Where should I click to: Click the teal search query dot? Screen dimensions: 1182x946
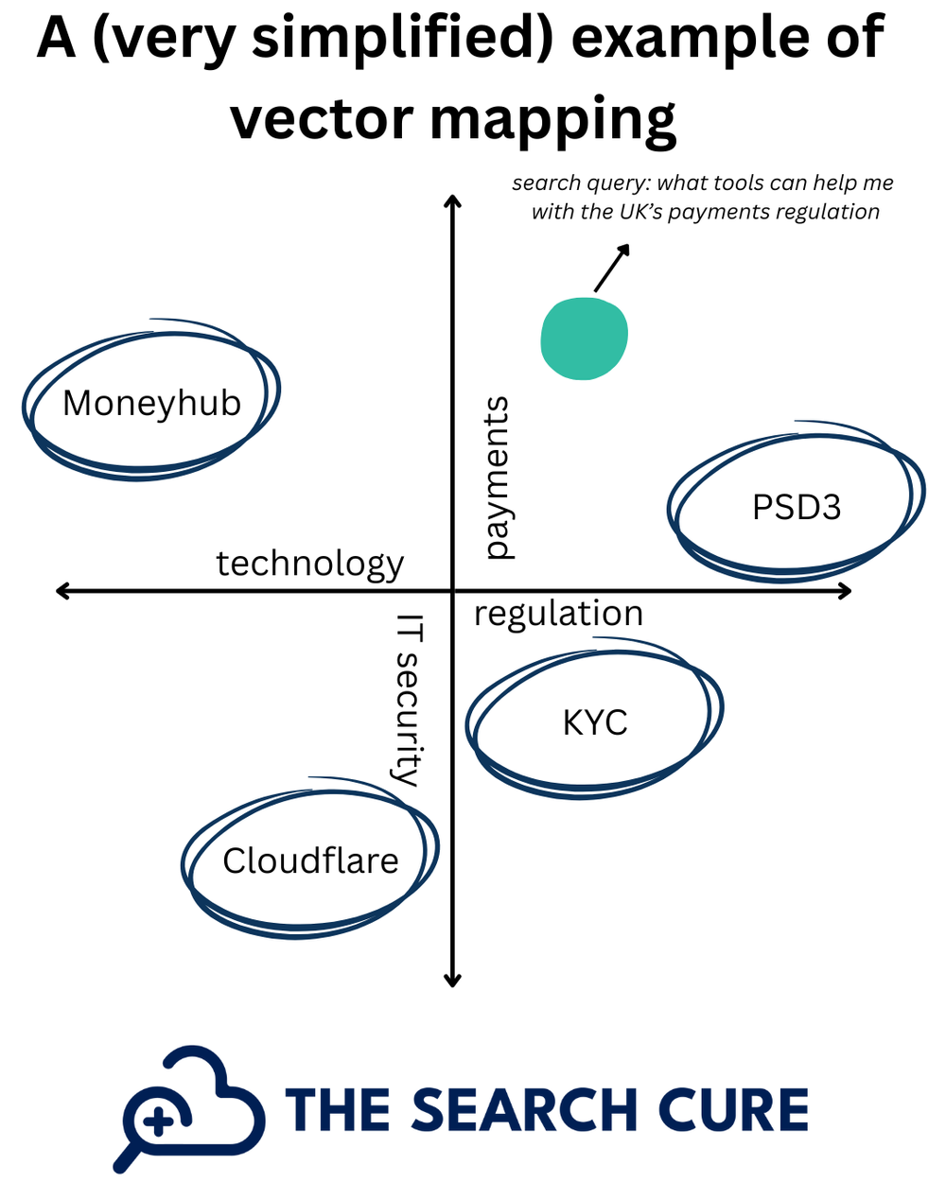click(584, 339)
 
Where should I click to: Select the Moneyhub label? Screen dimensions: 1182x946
click(151, 404)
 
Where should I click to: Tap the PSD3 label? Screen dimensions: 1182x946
click(796, 508)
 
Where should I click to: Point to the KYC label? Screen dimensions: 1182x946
click(595, 723)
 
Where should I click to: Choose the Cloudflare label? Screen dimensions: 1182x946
click(310, 861)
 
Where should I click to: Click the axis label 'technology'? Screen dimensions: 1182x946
click(310, 564)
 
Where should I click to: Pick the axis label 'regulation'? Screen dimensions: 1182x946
click(558, 614)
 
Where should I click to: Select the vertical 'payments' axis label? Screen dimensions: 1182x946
click(496, 478)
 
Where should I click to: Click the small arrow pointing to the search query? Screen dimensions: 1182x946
click(610, 268)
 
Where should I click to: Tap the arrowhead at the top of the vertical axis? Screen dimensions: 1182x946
click(453, 201)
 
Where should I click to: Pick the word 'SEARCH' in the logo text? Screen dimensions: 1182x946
click(524, 1110)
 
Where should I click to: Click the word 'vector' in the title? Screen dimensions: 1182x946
click(323, 120)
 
